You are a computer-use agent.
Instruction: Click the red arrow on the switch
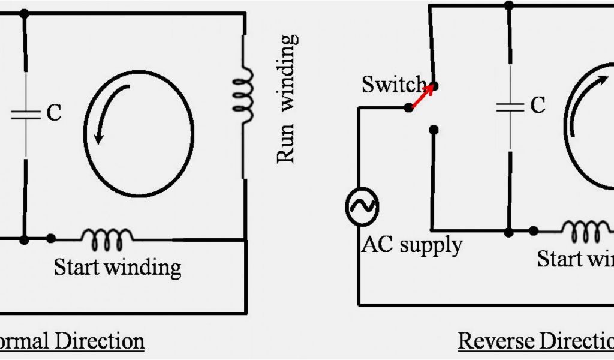(422, 97)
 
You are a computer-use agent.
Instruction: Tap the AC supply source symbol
(362, 206)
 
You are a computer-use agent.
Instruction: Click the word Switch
(393, 85)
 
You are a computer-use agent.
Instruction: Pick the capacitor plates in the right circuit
(510, 107)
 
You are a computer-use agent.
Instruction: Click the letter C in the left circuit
(54, 113)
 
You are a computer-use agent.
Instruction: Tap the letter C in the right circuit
(538, 106)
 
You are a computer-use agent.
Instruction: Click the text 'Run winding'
(287, 99)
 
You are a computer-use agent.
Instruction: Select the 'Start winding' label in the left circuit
(118, 266)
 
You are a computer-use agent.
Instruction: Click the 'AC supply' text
(411, 245)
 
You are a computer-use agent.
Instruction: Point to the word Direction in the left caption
(100, 341)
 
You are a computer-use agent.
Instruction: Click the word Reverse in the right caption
(496, 341)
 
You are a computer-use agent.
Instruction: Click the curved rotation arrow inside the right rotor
(584, 102)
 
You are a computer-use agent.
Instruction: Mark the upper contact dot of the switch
(435, 86)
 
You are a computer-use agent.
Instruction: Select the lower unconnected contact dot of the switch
(434, 129)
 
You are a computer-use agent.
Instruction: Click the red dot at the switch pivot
(408, 107)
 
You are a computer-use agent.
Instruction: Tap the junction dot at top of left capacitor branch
(24, 13)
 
